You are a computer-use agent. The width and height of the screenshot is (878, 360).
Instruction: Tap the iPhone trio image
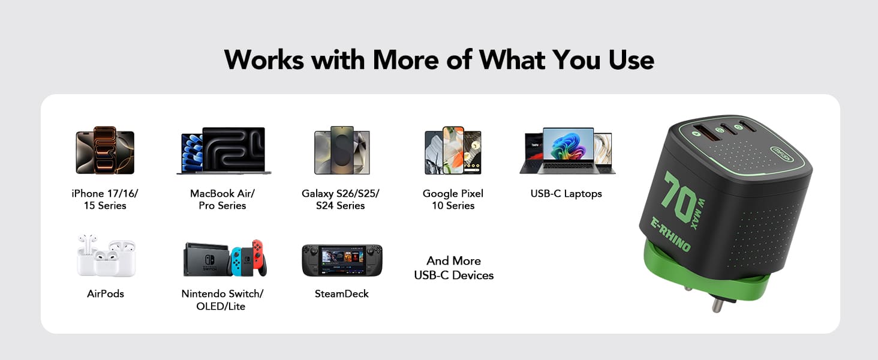point(105,150)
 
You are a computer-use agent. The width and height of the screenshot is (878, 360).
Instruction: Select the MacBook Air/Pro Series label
point(222,199)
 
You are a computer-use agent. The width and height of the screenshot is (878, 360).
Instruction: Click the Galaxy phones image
point(342,150)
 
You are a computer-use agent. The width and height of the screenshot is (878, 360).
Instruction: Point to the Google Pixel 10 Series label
point(453,199)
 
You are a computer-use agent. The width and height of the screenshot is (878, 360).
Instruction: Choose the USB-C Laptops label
point(566,193)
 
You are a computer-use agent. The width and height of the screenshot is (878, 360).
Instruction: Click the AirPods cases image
point(106,256)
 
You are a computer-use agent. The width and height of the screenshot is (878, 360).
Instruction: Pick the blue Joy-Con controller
point(236,261)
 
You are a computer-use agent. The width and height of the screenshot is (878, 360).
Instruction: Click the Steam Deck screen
point(342,259)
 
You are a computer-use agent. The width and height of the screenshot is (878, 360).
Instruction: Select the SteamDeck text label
point(341,294)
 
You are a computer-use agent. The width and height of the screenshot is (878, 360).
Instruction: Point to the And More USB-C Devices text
point(453,268)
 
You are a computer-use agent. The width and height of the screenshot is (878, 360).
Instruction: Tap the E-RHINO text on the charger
point(670,234)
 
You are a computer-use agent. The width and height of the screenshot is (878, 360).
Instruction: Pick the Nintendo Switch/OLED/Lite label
point(222,300)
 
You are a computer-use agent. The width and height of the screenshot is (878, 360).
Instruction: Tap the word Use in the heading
point(632,60)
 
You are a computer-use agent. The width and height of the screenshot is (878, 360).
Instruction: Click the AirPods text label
point(106,294)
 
